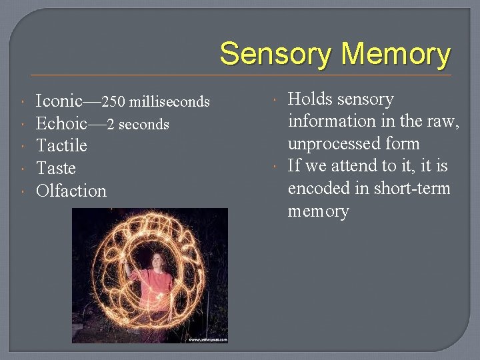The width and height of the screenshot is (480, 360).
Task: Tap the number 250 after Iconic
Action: coord(114,102)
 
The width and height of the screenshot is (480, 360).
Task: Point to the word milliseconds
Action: coord(169,102)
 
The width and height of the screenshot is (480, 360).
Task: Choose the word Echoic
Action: coord(61,123)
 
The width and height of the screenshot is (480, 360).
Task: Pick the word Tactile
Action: coord(61,145)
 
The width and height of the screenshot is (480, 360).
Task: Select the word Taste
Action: coord(56,168)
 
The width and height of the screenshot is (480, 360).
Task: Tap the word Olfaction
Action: coord(71,191)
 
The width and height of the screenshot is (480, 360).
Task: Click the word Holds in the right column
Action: coord(310,99)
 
